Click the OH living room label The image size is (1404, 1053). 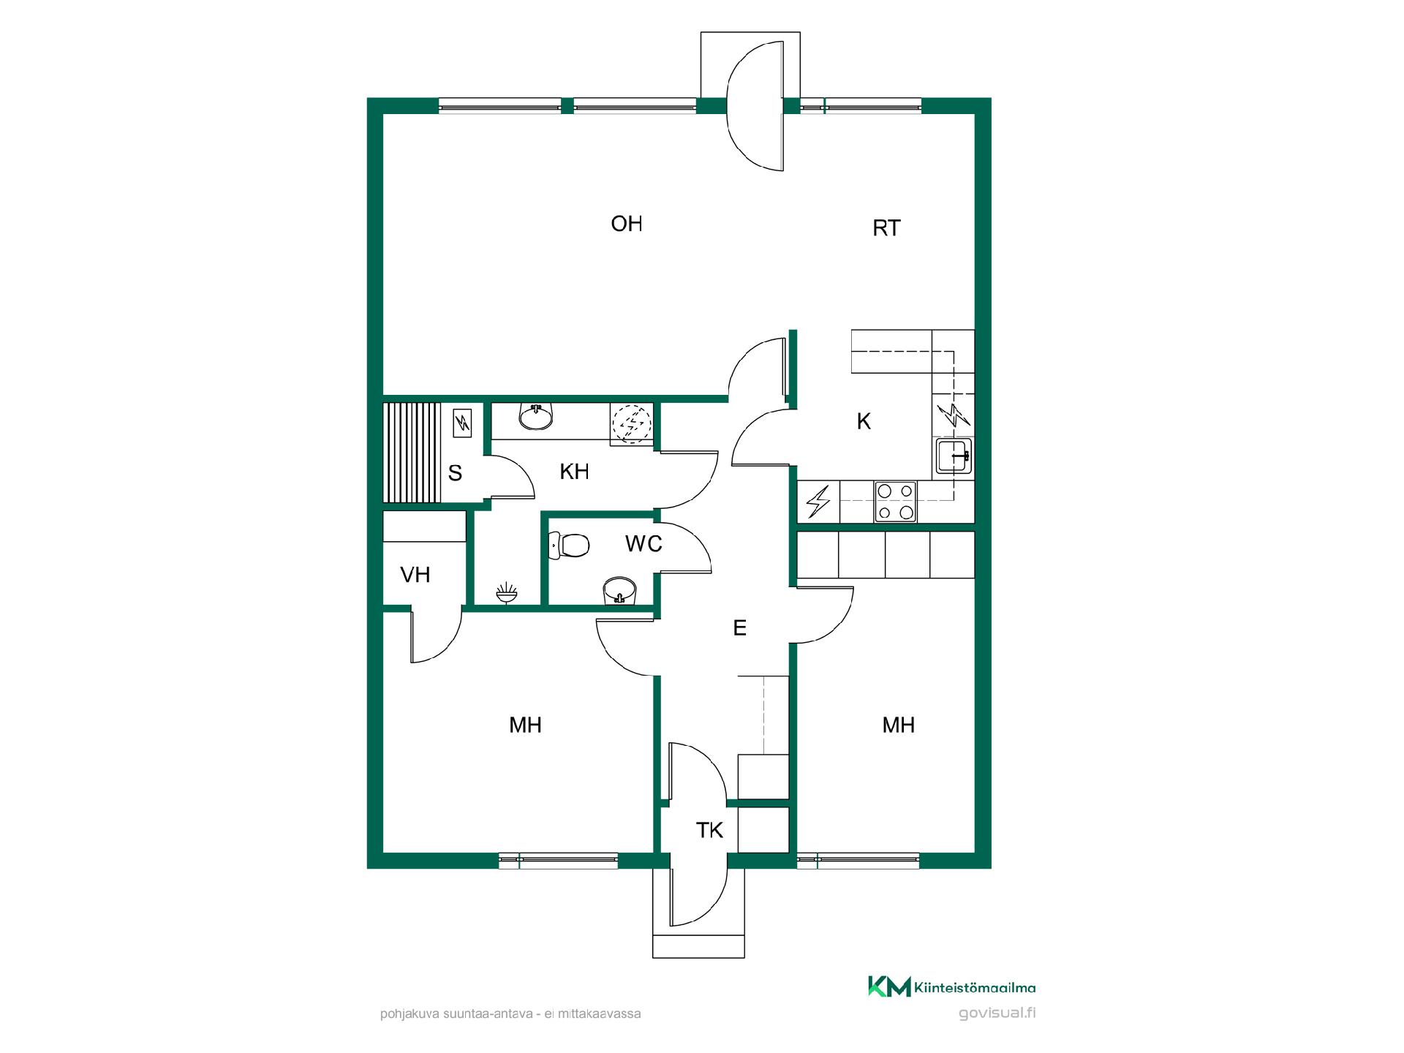(627, 224)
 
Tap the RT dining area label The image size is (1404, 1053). (886, 228)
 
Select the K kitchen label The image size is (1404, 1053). (864, 421)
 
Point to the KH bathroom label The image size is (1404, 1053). (574, 472)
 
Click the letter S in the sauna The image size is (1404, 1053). (455, 473)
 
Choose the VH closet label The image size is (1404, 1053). (415, 575)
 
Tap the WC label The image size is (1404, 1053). (643, 543)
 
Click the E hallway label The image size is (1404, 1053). (739, 627)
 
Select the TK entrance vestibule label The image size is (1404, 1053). (709, 830)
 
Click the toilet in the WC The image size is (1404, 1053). (569, 546)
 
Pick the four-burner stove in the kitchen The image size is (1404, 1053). (896, 502)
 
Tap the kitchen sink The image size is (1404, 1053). (954, 457)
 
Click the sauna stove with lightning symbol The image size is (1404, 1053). (462, 423)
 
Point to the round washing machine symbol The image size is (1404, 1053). (631, 423)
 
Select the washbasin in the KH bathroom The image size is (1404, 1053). (536, 417)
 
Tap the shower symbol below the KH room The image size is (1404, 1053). (507, 592)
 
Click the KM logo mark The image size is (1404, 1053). (889, 986)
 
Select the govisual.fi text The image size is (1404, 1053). (997, 1013)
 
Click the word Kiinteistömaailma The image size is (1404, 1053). (975, 988)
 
